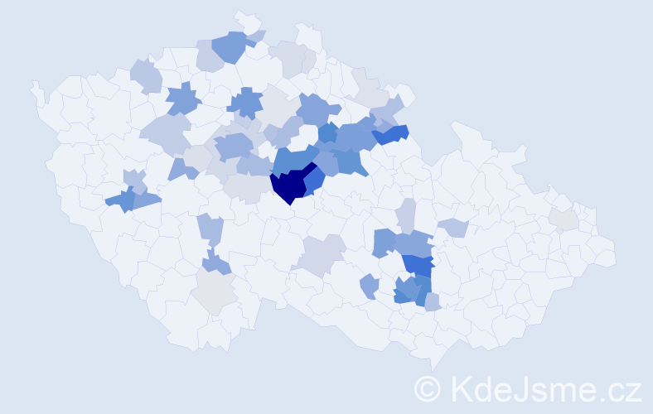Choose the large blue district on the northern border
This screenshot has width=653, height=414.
tap(230, 47)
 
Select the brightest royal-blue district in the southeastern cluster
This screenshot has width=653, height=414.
tap(419, 265)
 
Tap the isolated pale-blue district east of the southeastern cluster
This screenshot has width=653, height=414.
tap(453, 227)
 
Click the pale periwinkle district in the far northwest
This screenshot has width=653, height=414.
tap(145, 75)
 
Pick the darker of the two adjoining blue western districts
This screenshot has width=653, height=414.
tap(121, 200)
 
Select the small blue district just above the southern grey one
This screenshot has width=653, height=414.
tap(216, 263)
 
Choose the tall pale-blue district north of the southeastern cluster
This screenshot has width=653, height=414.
tap(405, 214)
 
